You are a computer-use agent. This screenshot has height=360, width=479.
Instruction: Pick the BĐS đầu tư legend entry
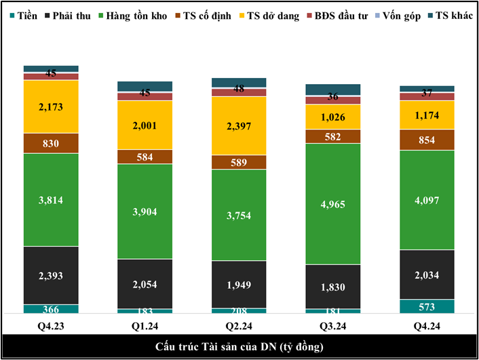[x=339, y=16]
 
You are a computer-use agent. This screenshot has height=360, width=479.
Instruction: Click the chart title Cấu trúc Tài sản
[x=240, y=347]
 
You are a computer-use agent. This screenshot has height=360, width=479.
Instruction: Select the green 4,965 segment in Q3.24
[x=332, y=203]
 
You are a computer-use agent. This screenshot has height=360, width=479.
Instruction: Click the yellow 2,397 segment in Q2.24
[x=239, y=125]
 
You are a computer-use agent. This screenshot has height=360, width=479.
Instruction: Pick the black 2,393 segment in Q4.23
[x=51, y=275]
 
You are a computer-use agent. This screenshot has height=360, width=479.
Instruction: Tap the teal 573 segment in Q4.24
[x=427, y=306]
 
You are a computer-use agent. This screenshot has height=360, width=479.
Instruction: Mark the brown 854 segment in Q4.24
[x=427, y=139]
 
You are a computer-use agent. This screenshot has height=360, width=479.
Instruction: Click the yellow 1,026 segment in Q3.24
[x=332, y=117]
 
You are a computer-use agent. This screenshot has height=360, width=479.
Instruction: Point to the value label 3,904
[x=145, y=212]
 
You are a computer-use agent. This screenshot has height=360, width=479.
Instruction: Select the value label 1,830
[x=332, y=287]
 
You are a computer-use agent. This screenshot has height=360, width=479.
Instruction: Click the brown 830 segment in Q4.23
[x=51, y=143]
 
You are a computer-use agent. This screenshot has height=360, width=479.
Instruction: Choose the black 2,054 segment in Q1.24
[x=145, y=284]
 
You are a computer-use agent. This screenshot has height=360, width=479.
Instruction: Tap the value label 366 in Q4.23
[x=51, y=309]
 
